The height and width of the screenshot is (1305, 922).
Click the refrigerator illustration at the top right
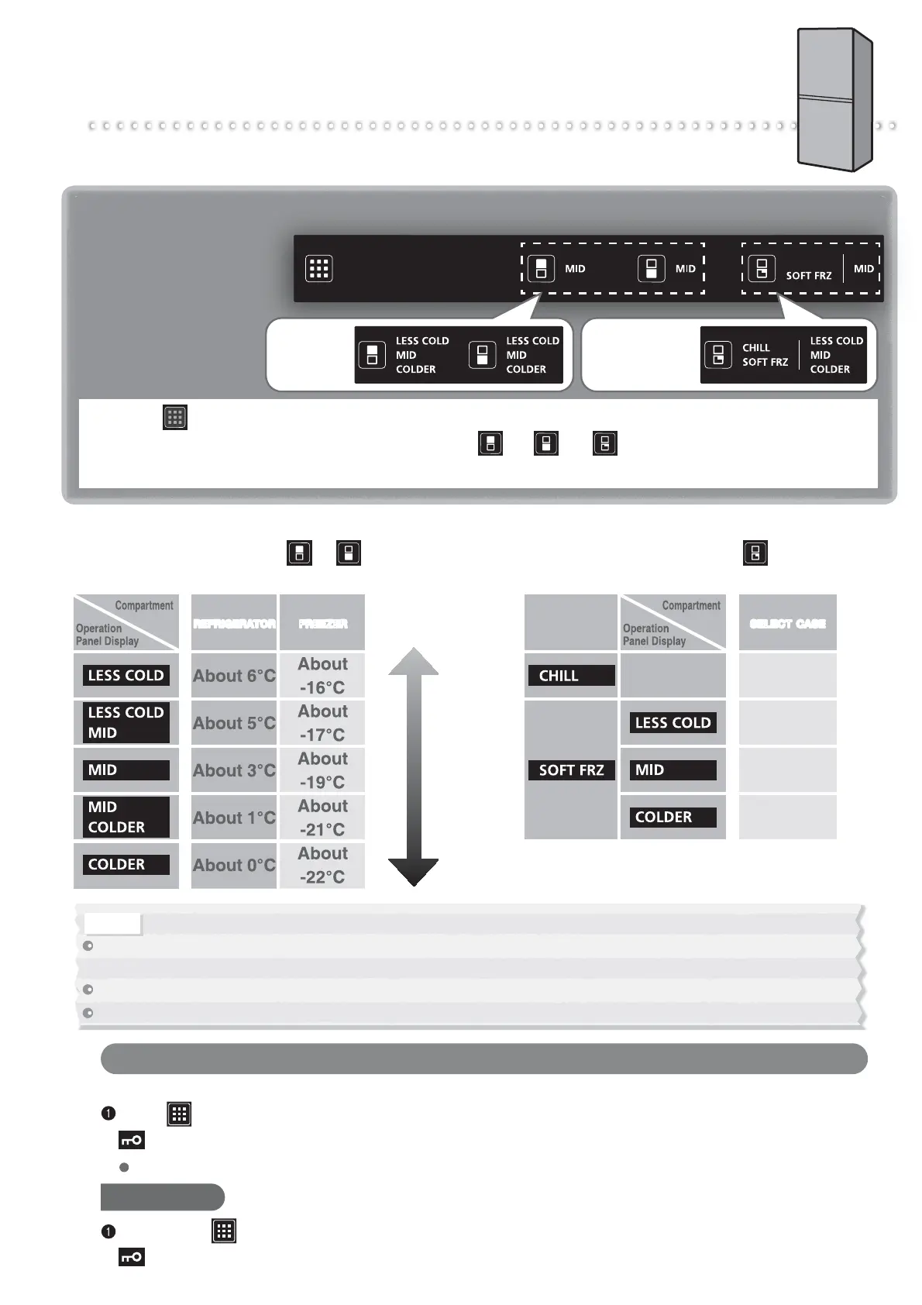click(835, 98)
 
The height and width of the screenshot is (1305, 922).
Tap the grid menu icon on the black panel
click(318, 269)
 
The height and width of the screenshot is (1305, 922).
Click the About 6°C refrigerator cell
click(234, 676)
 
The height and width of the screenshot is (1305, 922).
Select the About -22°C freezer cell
click(322, 865)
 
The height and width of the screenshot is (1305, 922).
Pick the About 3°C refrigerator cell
click(234, 770)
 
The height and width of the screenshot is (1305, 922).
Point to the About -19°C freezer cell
click(322, 770)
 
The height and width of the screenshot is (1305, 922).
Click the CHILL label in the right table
click(570, 676)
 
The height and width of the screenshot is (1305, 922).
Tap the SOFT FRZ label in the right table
click(571, 770)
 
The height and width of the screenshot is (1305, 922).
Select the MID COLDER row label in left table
click(126, 818)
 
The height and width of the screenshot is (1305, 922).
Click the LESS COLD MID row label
click(126, 723)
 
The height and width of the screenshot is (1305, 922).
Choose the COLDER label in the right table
click(673, 818)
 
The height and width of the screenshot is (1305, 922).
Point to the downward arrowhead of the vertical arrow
click(414, 872)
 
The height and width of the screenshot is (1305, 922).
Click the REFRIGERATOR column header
click(234, 623)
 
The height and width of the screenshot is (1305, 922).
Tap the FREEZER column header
click(322, 623)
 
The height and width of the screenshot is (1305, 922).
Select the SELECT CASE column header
click(787, 623)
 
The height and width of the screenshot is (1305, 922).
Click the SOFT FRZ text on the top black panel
click(808, 276)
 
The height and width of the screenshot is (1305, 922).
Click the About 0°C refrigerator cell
click(234, 865)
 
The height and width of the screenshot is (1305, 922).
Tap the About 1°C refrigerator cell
click(234, 818)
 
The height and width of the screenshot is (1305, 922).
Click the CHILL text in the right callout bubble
click(756, 348)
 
